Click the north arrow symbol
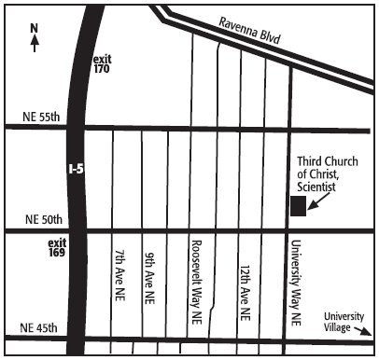pyautogui.click(x=34, y=44)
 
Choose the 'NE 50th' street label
pyautogui.click(x=40, y=220)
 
